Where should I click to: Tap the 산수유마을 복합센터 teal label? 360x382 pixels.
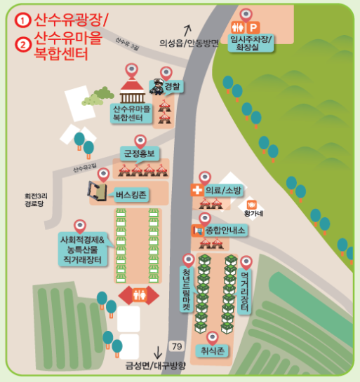pos(132,112)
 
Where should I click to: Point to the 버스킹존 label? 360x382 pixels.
pos(131,195)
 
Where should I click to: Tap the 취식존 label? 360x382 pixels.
pos(211,351)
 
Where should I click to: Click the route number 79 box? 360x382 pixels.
pos(177,346)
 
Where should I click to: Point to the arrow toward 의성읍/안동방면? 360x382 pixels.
pos(187,29)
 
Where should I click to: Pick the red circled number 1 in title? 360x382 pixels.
pos(25,20)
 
